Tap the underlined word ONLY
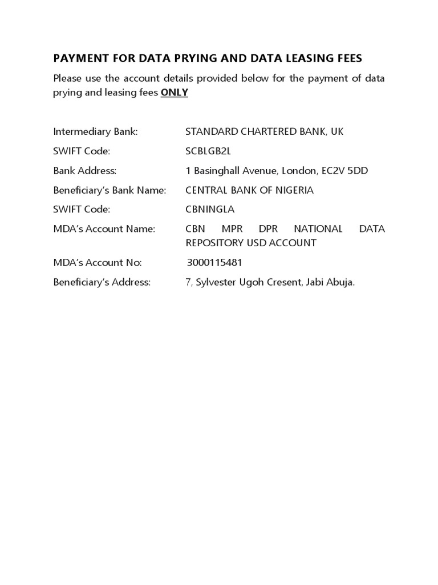174,93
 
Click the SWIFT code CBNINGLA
210,209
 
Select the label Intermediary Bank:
95,131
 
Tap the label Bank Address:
84,170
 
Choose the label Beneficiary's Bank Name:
109,190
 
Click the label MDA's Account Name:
104,229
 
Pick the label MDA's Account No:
98,263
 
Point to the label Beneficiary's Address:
102,282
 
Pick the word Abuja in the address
341,282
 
